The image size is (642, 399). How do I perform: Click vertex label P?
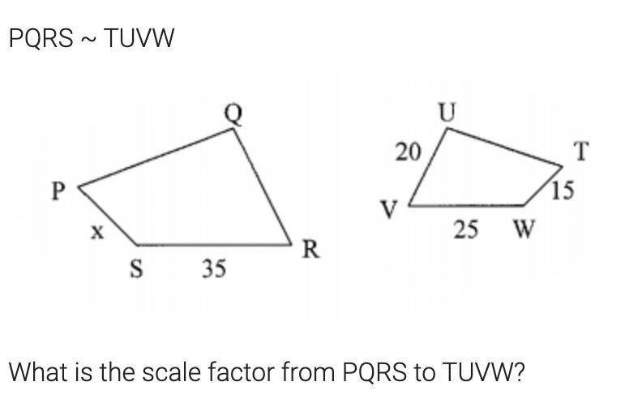[58, 191]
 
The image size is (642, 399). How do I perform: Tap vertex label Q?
[233, 114]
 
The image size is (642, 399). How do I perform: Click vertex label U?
[447, 114]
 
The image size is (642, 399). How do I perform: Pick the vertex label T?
[581, 151]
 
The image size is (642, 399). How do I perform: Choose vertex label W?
[523, 230]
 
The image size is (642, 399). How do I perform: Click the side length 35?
[214, 268]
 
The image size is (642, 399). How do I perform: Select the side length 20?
[407, 151]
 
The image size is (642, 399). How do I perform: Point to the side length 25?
[465, 230]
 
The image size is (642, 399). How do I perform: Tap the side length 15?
[562, 191]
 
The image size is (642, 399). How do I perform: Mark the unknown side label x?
[96, 232]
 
